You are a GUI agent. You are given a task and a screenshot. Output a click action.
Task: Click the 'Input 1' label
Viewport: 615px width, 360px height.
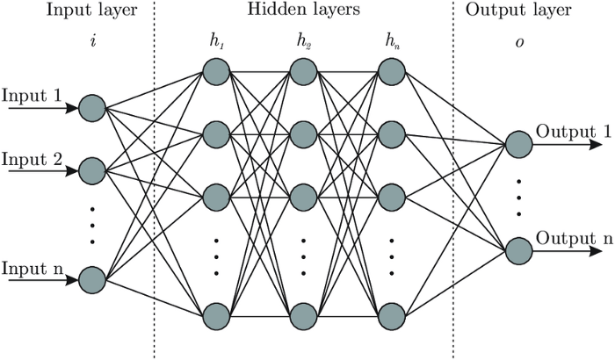pos(32,94)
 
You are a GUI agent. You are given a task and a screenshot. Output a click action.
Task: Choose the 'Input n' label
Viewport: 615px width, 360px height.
pos(32,266)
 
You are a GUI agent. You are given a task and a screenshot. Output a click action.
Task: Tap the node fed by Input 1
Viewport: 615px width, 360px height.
pos(91,109)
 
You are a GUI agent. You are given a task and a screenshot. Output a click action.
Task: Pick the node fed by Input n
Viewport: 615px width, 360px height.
pos(91,280)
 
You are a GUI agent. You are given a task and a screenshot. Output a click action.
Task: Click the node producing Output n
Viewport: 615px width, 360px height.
pos(517,251)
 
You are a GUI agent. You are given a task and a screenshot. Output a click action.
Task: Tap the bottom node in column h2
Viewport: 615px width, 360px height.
pos(303,313)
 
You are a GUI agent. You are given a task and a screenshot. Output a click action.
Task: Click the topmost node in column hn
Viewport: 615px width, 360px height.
pos(390,71)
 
